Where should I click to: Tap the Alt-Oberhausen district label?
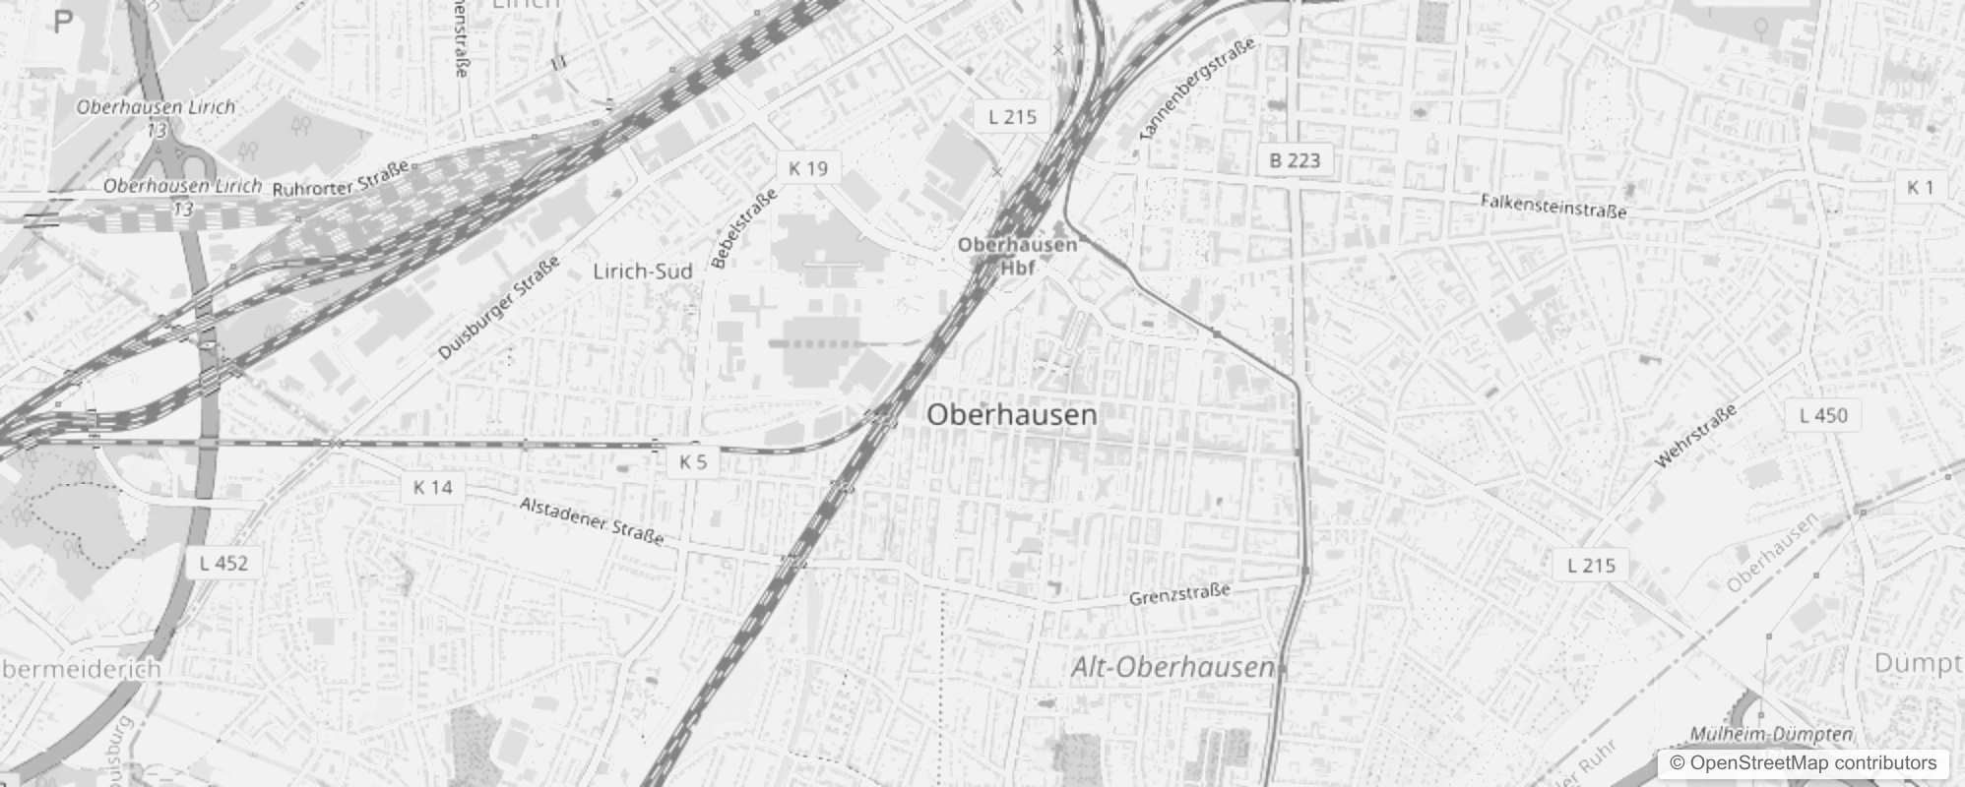(x=1173, y=667)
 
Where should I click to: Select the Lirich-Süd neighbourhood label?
(x=642, y=271)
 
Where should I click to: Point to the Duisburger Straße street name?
(x=499, y=308)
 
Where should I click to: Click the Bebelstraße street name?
(x=744, y=228)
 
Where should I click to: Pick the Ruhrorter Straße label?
(x=341, y=180)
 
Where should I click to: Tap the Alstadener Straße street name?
(x=592, y=520)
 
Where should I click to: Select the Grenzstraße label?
(x=1179, y=594)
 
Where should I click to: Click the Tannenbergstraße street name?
(x=1197, y=88)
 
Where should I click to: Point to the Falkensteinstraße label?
(x=1553, y=206)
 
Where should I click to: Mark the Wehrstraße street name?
(x=1696, y=436)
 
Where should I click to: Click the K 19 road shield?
(x=808, y=168)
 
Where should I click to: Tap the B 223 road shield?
(x=1295, y=160)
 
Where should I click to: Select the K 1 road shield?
(x=1921, y=187)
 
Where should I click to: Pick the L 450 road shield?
(x=1823, y=415)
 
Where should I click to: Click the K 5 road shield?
(x=693, y=461)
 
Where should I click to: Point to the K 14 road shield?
(x=433, y=487)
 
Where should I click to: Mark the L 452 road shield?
(x=223, y=563)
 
